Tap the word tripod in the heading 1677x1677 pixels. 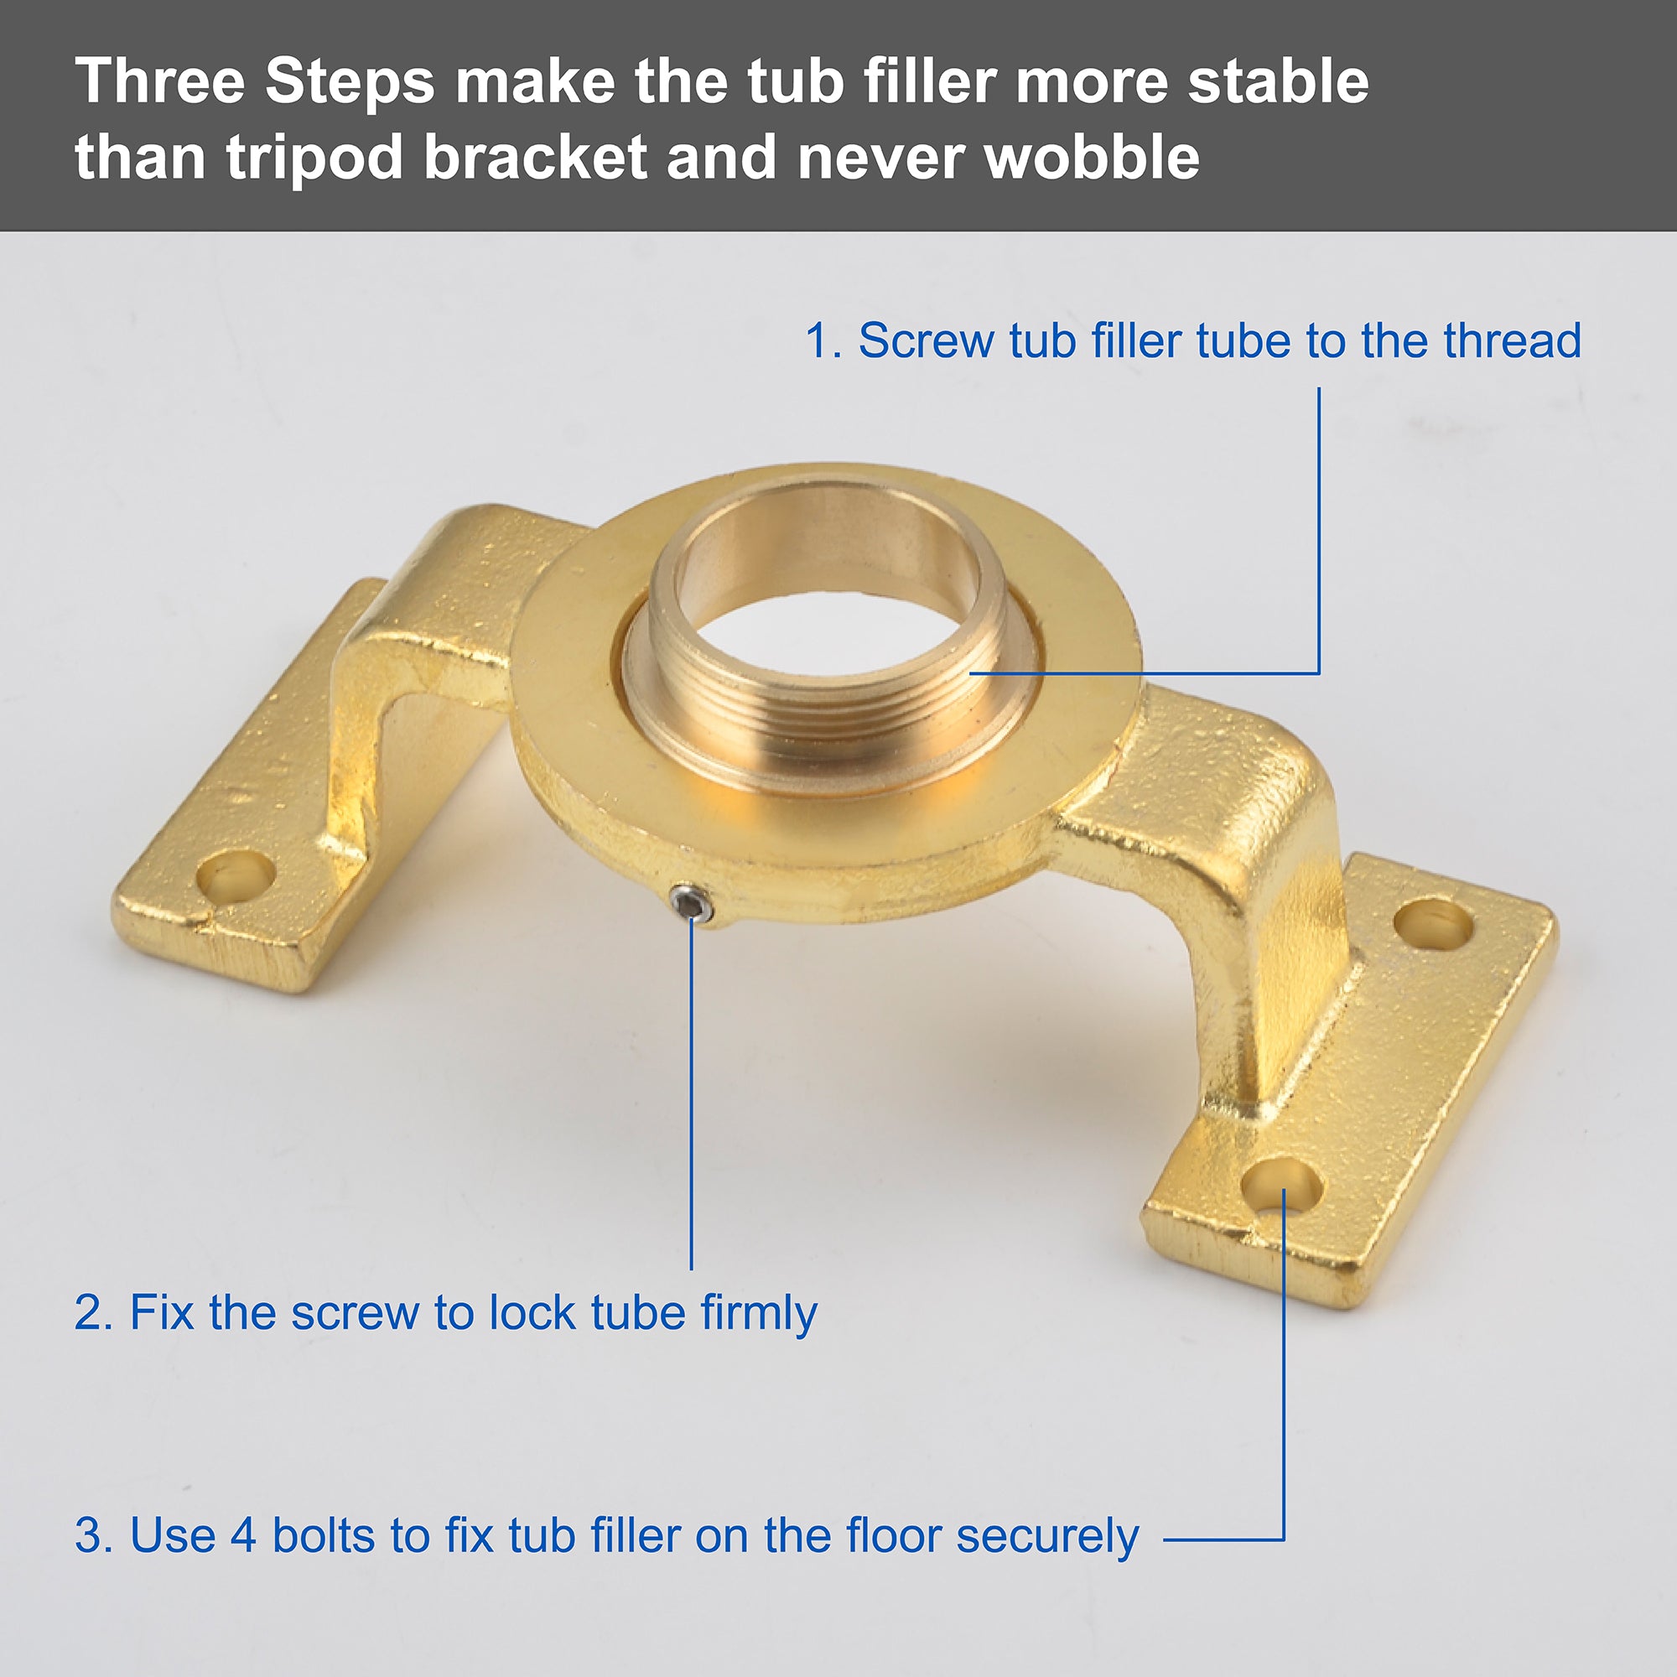tap(314, 158)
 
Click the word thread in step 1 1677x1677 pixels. tap(1512, 340)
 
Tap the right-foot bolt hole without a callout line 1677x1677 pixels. tap(1433, 924)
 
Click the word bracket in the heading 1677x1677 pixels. tap(536, 157)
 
